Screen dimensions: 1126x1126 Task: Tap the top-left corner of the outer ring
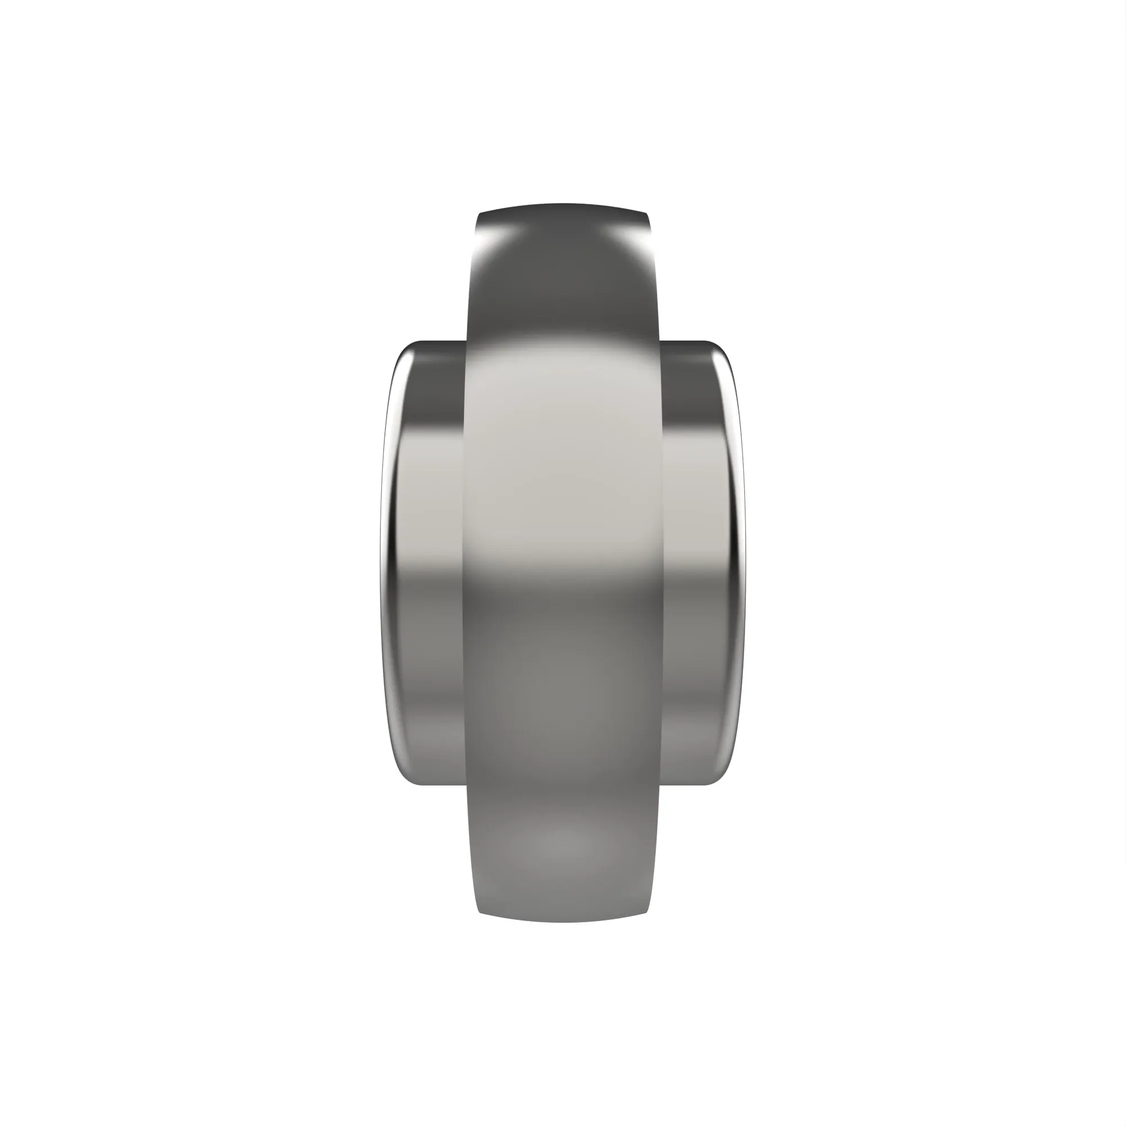[x=479, y=214]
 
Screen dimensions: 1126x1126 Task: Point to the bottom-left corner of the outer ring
[x=480, y=912]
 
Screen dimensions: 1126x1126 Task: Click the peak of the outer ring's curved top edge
[x=562, y=204]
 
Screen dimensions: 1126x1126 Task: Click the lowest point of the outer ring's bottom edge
[x=562, y=922]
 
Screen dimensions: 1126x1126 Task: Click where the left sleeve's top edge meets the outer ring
[x=467, y=342]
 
